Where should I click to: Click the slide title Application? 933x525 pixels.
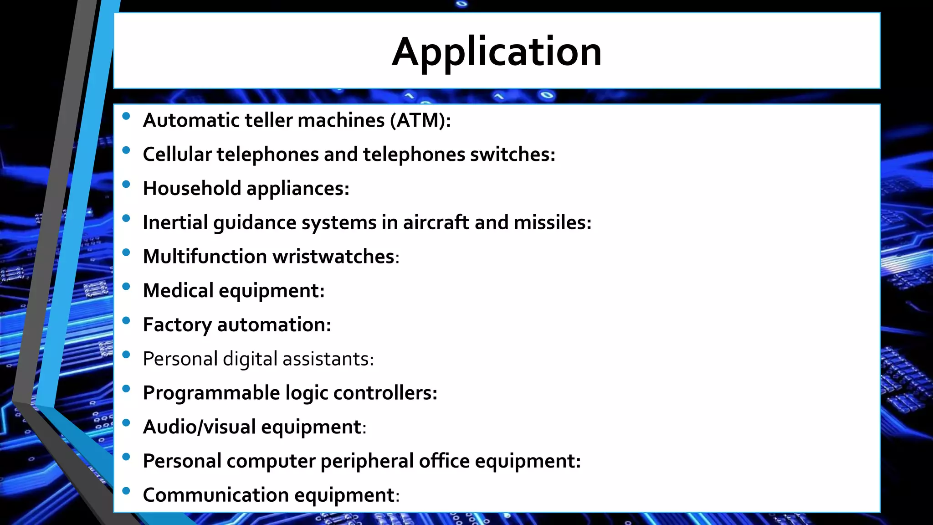[x=497, y=51]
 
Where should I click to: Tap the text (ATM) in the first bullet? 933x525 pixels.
[x=419, y=120]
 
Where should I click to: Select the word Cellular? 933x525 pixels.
[x=177, y=154]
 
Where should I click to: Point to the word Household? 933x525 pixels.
[x=192, y=189]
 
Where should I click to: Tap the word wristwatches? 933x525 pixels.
[x=333, y=257]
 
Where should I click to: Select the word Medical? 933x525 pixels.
[x=178, y=291]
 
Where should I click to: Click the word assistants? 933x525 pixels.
[x=327, y=359]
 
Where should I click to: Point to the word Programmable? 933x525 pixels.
[x=211, y=393]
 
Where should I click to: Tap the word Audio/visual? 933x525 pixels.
[x=199, y=427]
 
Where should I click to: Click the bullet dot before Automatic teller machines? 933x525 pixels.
[x=126, y=116]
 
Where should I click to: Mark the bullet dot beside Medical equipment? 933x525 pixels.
[x=126, y=287]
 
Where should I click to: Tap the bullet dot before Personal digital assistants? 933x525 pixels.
[x=126, y=355]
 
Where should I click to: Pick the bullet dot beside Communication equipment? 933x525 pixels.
[x=126, y=491]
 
